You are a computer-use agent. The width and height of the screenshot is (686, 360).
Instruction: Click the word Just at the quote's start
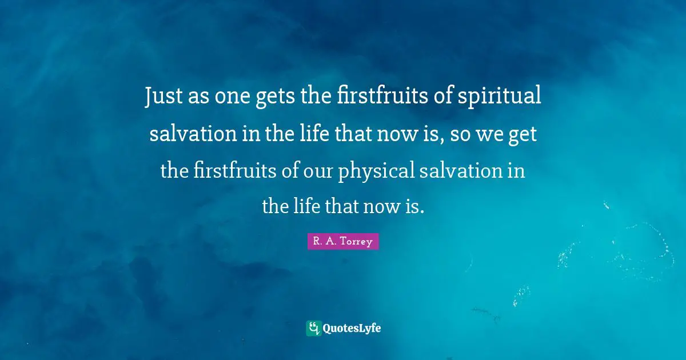162,98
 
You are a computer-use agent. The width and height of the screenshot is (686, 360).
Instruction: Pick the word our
318,170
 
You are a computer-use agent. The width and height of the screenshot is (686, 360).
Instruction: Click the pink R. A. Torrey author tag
343,242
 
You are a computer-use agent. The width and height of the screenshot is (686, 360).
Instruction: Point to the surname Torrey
357,242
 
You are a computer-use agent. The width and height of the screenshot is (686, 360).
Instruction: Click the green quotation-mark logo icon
313,328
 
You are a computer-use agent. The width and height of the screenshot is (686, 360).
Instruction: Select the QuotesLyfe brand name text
351,328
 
